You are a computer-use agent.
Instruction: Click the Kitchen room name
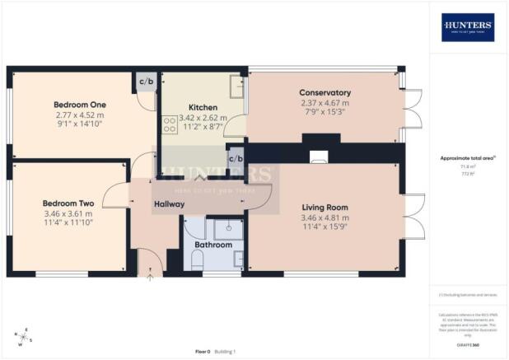(x=202, y=108)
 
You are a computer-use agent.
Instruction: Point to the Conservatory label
(x=325, y=93)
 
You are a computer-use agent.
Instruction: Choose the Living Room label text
(x=325, y=208)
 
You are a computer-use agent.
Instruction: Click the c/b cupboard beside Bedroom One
(x=147, y=82)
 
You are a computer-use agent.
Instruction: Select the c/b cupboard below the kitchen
(x=236, y=157)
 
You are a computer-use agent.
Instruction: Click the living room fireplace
(x=317, y=156)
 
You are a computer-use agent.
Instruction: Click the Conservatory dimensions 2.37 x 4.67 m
(x=325, y=103)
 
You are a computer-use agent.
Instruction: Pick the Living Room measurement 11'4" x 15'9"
(x=325, y=227)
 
